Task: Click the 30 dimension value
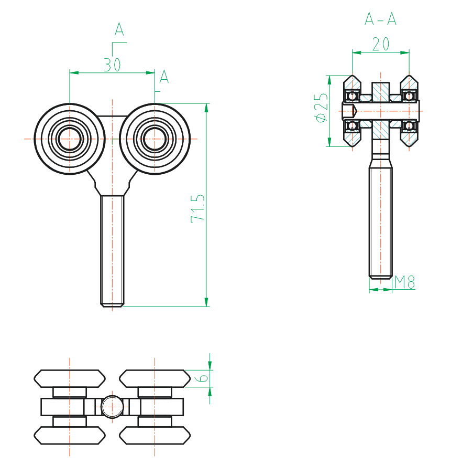click(x=112, y=65)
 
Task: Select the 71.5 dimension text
click(x=197, y=208)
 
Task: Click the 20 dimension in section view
click(x=381, y=45)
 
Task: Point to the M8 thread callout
click(x=404, y=282)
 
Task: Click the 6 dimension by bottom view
click(x=203, y=377)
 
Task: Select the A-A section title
click(x=380, y=20)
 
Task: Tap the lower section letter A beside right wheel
click(x=164, y=77)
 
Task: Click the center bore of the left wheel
click(x=70, y=139)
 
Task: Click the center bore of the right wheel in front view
click(x=155, y=139)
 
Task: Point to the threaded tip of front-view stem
click(x=112, y=303)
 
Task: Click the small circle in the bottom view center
click(x=112, y=407)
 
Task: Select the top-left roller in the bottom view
click(x=70, y=378)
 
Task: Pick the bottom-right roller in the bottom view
click(x=155, y=435)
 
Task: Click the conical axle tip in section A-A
click(x=355, y=111)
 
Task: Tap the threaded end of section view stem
click(x=381, y=274)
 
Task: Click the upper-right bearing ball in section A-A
click(x=408, y=97)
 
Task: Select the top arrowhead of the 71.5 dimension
click(x=206, y=108)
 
